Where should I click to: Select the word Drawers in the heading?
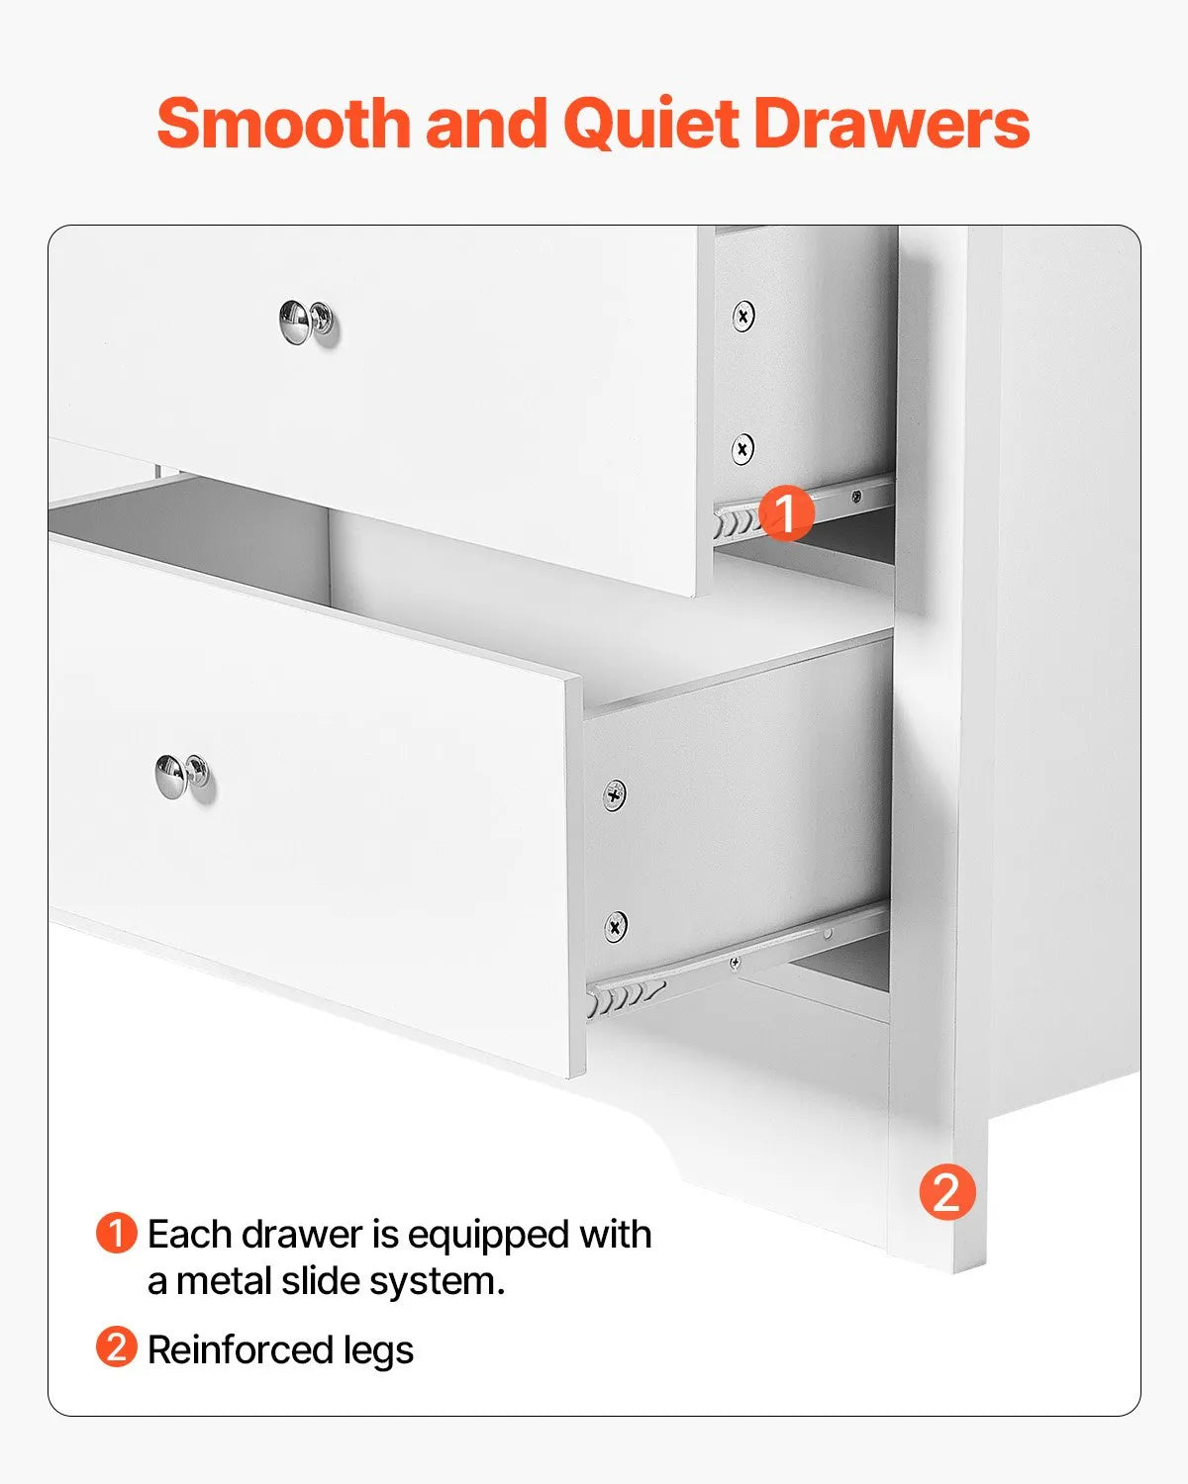(x=891, y=124)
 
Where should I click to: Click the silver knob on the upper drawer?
(x=306, y=323)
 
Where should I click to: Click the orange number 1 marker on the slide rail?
(x=786, y=512)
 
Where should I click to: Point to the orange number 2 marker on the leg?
(x=946, y=1192)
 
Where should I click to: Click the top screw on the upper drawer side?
(x=743, y=317)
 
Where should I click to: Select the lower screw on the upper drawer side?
(x=742, y=449)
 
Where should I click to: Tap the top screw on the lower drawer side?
(x=615, y=794)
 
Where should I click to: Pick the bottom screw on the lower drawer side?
(x=615, y=926)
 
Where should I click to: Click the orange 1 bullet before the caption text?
(x=116, y=1234)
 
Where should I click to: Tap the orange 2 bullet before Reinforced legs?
(x=116, y=1348)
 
